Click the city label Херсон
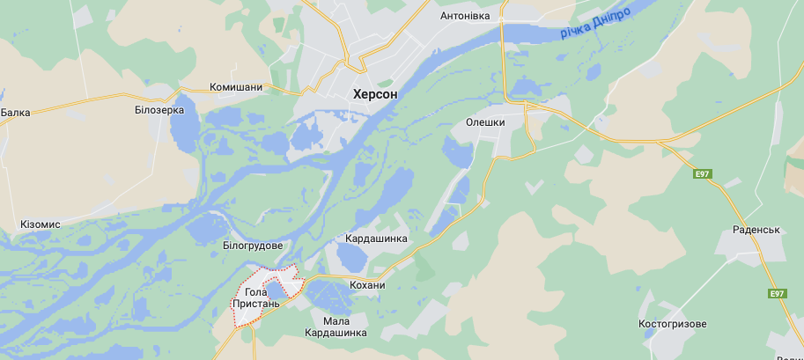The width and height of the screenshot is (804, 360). pos(375,93)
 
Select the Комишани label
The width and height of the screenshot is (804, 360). pos(236,87)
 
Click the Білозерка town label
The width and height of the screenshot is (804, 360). pos(159,110)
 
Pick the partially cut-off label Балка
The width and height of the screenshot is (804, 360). pos(15,113)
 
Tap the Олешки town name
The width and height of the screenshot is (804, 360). pos(485,122)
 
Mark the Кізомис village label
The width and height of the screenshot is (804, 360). pos(41,224)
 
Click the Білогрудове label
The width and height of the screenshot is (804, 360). pos(253,245)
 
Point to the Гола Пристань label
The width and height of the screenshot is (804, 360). pos(255,298)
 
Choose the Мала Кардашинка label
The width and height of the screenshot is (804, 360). pos(336,327)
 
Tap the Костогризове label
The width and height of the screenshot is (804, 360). pos(673,324)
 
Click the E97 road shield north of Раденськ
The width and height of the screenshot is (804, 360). pos(702,174)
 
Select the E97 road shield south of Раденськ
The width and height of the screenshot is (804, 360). pos(776,294)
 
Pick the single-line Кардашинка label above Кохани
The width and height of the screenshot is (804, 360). pos(377,239)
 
